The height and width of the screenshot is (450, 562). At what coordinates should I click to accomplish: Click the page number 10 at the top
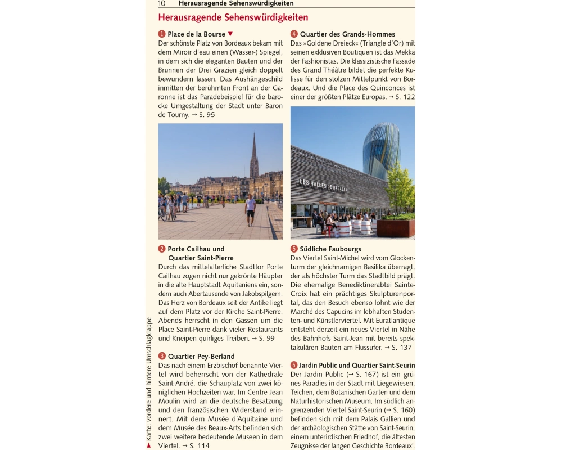click(x=162, y=3)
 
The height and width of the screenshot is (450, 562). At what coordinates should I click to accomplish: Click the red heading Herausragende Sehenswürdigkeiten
click(x=233, y=18)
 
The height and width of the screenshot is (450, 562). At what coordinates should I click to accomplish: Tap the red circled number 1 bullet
click(x=162, y=34)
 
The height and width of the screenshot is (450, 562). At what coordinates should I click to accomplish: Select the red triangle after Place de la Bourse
click(x=230, y=34)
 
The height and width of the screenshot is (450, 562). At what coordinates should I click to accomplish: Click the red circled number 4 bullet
click(x=294, y=34)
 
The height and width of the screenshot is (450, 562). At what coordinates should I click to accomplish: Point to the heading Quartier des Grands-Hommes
click(x=347, y=34)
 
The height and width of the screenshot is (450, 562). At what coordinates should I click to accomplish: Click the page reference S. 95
click(x=206, y=115)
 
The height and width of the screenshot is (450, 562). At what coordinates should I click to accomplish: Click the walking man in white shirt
click(x=250, y=208)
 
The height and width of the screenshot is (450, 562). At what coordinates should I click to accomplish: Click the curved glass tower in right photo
click(x=380, y=149)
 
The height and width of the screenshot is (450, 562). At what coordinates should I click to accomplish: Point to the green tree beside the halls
click(x=401, y=188)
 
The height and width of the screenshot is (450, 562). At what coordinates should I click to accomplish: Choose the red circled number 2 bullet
click(x=162, y=249)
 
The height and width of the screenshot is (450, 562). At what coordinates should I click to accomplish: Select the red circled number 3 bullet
click(x=162, y=356)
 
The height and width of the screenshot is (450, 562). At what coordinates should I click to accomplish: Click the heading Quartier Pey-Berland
click(x=201, y=356)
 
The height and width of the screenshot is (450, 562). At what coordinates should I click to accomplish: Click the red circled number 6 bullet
click(x=294, y=365)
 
